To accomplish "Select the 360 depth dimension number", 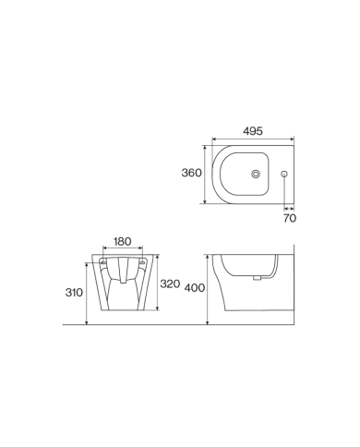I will [190, 174].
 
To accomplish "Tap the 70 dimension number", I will [288, 219].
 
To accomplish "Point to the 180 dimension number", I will [122, 242].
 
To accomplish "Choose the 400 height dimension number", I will [194, 288].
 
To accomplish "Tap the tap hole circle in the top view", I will [284, 174].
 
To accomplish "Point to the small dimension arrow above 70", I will [288, 209].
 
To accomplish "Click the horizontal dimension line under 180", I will [122, 249].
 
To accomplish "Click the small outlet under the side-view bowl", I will [261, 277].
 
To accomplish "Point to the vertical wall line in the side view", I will [291, 286].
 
